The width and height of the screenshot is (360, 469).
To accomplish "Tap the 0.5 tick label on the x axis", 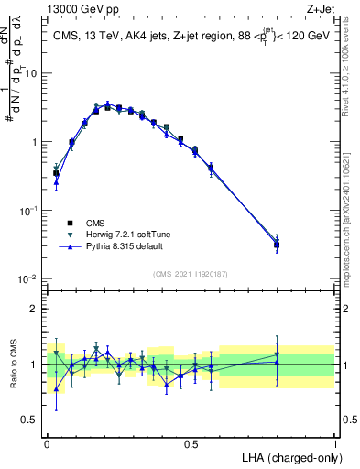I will pos(191,442).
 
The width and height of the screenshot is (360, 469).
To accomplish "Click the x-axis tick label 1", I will pos(334,442).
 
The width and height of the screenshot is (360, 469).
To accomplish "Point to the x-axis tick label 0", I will pos(47,442).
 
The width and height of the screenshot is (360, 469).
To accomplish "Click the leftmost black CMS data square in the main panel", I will pos(56,173).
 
